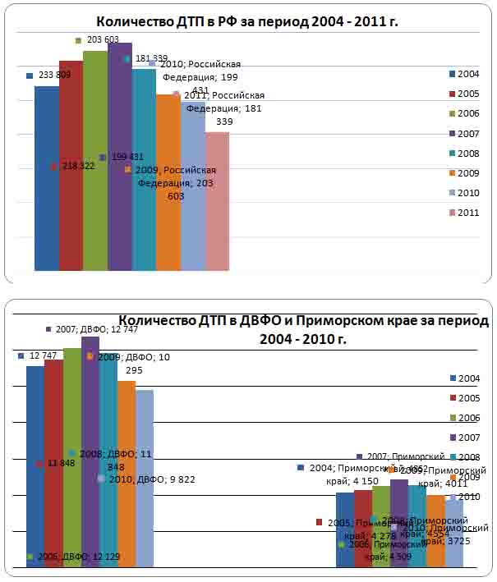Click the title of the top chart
(246, 21)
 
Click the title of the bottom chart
(304, 328)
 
